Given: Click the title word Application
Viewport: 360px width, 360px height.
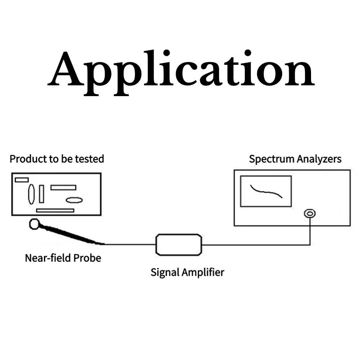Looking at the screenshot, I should (181, 70).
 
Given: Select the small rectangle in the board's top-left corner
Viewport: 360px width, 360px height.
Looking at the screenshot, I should (22, 179).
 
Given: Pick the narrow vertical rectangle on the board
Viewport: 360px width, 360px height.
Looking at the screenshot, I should (41, 194).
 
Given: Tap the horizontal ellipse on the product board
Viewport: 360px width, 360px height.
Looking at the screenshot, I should (74, 200).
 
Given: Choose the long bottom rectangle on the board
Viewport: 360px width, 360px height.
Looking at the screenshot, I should (55, 210).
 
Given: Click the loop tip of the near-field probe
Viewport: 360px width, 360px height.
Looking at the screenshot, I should (34, 224).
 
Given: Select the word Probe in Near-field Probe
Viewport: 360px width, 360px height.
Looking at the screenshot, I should (87, 258).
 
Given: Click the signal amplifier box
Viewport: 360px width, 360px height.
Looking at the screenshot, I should (179, 244).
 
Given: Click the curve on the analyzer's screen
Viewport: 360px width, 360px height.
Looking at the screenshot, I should (266, 191).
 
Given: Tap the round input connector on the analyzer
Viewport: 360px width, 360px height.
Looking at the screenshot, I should (309, 213).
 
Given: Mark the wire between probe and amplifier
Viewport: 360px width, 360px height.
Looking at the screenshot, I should (130, 244).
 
